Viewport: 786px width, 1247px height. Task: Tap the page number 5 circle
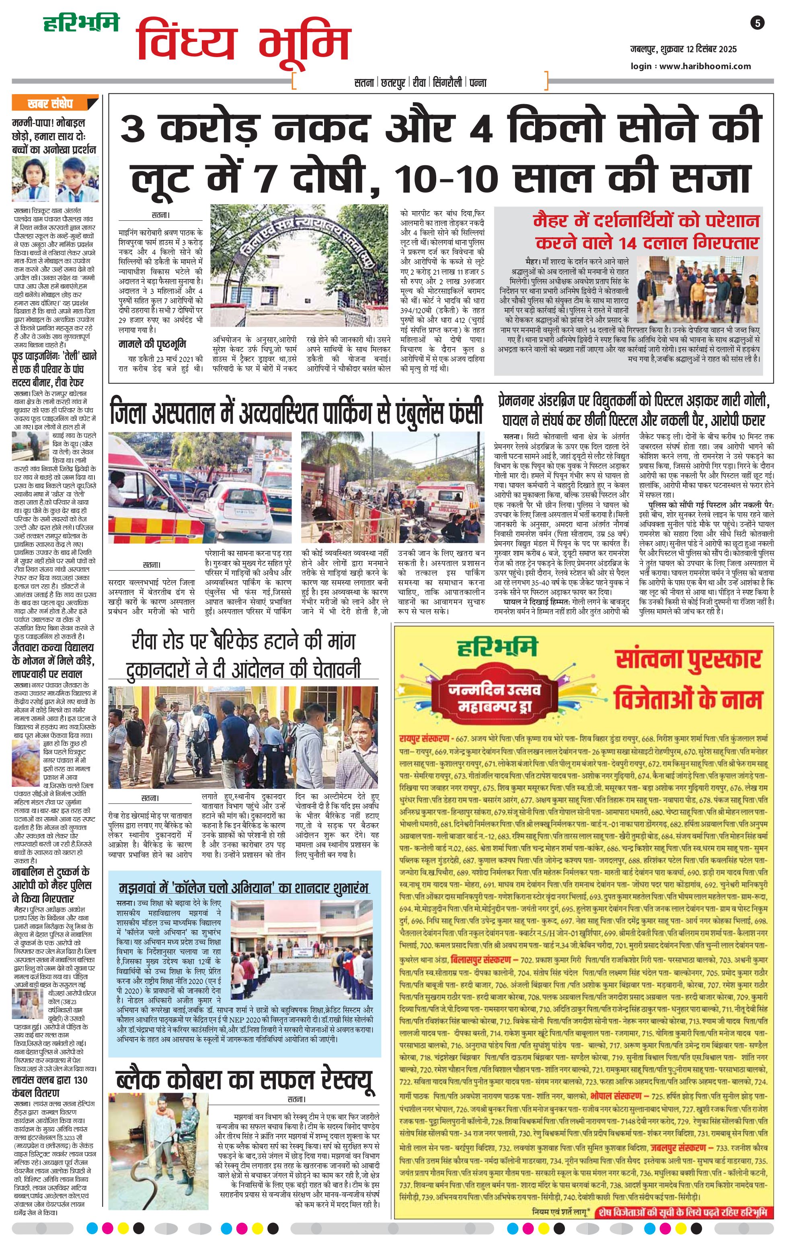757,23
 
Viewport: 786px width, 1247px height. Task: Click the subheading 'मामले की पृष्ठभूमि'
152,344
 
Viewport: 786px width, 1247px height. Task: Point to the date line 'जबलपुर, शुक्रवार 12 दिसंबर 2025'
683,50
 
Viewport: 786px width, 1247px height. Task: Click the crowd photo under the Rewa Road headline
243,737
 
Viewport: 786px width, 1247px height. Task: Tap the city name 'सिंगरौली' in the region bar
447,83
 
